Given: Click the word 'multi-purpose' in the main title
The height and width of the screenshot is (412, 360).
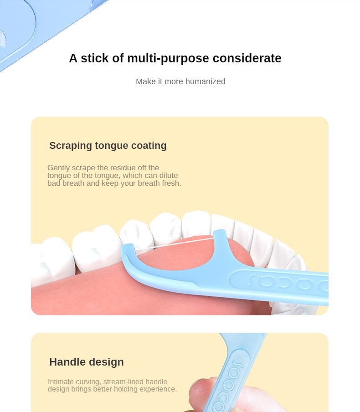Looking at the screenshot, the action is (168, 58).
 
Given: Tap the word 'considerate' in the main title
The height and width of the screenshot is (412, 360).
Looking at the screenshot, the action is (247, 58).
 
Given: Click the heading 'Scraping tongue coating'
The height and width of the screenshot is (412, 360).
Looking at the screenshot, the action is (108, 146).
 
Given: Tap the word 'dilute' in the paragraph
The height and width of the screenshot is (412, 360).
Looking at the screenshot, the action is (169, 175).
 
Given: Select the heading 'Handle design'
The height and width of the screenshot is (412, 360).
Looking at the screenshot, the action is (87, 362).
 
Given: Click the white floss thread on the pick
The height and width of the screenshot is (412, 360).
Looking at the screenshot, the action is (174, 244).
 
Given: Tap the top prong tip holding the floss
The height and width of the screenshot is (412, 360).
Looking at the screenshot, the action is (220, 232).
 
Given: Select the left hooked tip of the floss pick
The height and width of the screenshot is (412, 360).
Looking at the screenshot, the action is (128, 248).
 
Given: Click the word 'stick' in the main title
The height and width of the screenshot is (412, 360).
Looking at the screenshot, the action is (95, 58).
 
